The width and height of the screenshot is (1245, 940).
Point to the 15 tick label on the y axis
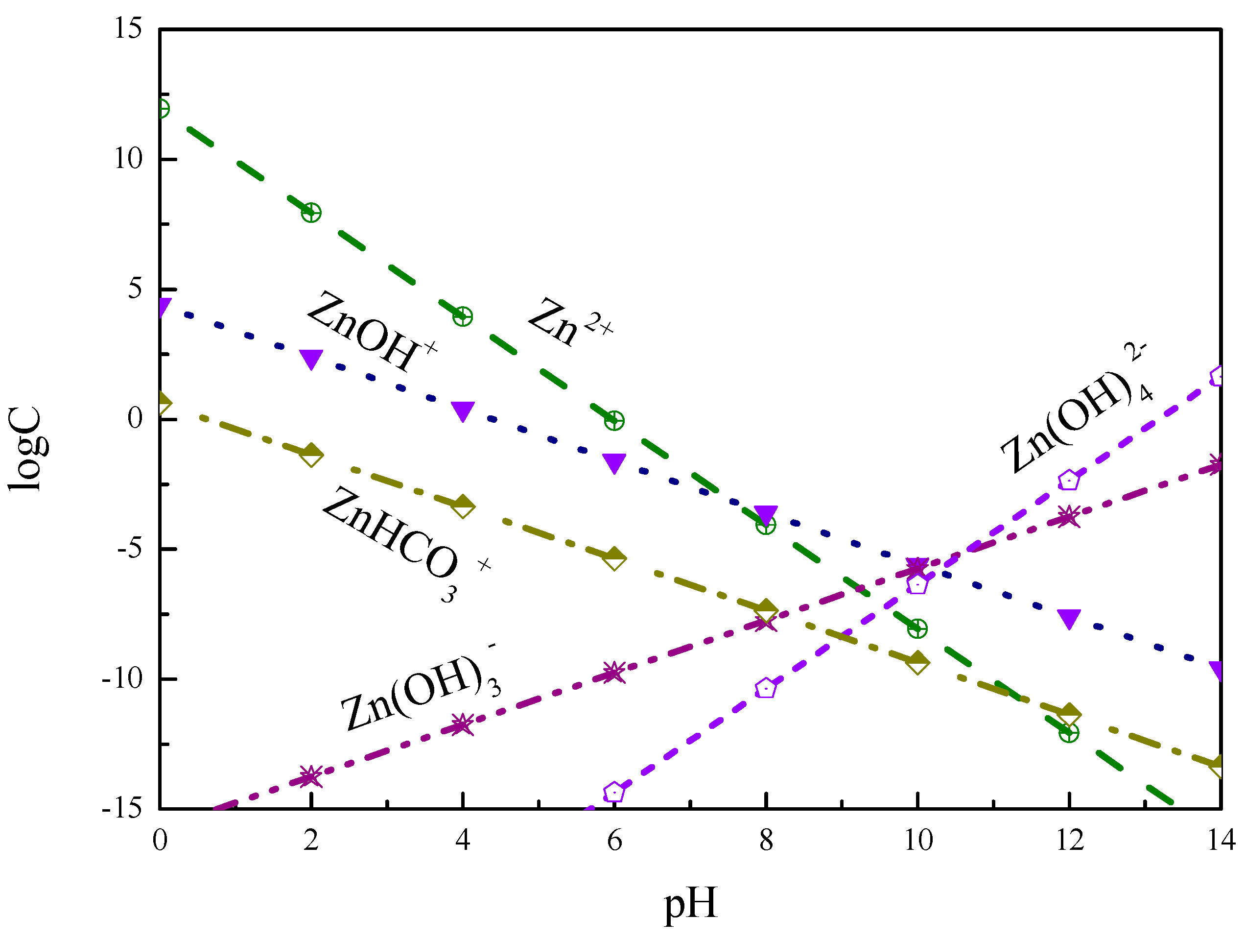(x=128, y=28)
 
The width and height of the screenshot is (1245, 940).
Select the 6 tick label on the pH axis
(x=614, y=840)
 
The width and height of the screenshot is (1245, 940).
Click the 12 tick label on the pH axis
(x=1069, y=840)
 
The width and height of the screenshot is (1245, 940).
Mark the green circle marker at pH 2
(x=311, y=213)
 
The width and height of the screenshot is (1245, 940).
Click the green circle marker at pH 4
(x=463, y=316)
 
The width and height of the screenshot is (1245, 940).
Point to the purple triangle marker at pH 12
(x=1069, y=618)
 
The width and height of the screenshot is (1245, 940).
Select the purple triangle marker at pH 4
(x=463, y=411)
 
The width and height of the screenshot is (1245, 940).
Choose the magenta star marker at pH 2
(x=311, y=776)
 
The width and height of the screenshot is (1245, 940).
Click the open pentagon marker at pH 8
(x=766, y=688)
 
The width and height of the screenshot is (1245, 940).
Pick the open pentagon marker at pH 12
(x=1069, y=481)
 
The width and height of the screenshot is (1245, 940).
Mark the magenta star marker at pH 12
(x=1069, y=516)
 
